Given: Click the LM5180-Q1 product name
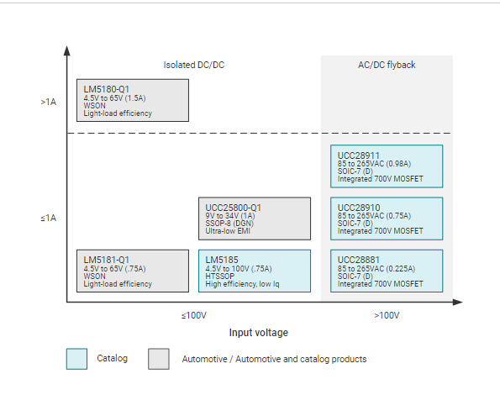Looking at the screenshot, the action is pos(106,89).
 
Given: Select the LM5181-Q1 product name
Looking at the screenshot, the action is pos(106,260).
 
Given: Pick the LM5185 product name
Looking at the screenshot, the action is pos(222,260).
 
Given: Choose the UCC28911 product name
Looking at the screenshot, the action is pos(359,155).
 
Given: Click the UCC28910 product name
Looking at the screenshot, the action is pos(359,208).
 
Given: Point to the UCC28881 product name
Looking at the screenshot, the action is pos(359,260).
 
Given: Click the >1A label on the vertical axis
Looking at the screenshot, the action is pos(49,102).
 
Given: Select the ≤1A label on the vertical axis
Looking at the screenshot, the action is pos(49,218).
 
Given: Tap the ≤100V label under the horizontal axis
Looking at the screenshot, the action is pos(194,316).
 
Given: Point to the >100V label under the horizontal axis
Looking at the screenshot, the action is pos(387,316).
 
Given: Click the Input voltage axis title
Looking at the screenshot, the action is pos(259,333).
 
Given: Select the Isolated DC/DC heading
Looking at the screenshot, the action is pos(194,65).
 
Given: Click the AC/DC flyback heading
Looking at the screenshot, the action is pos(387,65).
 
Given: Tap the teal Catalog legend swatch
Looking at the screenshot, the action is pos(76,359).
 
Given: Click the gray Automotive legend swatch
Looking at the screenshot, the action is pos(159,359).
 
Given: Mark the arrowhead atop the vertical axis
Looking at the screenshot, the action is pos(66,50).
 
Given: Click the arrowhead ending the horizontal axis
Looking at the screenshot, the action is pos(458,302).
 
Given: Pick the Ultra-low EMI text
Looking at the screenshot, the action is pos(228,231).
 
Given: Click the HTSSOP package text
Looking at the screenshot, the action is pos(219,276).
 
